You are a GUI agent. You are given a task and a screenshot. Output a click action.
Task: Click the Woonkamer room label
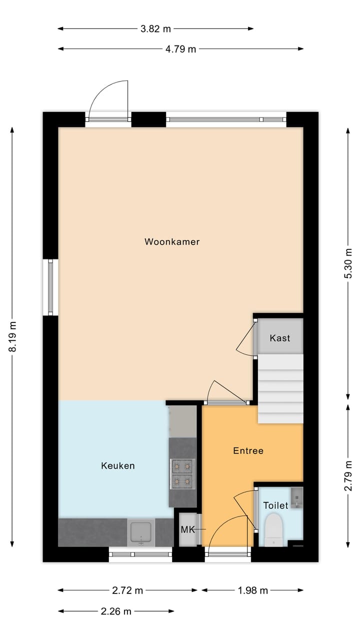point(172,242)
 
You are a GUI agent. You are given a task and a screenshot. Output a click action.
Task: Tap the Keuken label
point(117,466)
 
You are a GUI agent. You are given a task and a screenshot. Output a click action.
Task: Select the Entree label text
point(248,451)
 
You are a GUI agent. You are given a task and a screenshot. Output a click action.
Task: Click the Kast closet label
point(279,338)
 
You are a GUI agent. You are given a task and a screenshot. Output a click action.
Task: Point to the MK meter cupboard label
point(187,529)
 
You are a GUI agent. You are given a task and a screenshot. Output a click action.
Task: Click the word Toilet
point(275,505)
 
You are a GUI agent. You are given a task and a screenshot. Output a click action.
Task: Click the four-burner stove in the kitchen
point(182,473)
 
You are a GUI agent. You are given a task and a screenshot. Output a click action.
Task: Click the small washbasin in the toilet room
point(297,497)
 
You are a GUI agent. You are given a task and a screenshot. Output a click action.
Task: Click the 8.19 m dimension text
point(13,336)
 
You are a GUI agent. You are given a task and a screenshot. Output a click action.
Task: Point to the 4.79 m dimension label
point(181,49)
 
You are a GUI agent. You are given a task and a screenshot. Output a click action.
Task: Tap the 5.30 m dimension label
point(348,263)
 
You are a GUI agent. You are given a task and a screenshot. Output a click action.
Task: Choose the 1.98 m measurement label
point(253,590)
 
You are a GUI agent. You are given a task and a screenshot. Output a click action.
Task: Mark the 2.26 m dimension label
point(116,611)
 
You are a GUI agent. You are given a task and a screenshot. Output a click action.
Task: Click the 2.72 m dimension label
point(128,590)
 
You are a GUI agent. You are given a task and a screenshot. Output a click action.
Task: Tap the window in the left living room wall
point(50,287)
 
